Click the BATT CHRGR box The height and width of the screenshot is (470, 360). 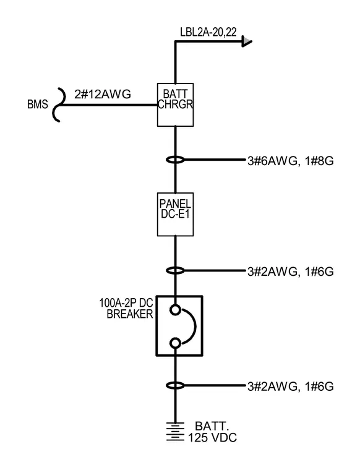175,105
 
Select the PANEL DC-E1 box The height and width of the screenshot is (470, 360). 175,215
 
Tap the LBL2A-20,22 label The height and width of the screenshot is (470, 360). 208,32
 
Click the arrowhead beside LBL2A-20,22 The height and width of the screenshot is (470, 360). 247,41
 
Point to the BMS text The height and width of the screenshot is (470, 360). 38,105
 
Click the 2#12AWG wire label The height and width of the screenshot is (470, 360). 103,95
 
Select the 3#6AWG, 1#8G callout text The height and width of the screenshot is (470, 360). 291,161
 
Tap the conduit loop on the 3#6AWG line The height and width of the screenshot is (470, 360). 175,160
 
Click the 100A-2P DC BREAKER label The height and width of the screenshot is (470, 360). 126,309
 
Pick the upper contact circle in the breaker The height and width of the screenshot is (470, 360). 175,309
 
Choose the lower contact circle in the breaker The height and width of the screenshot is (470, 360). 175,343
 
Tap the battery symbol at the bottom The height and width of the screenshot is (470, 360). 175,432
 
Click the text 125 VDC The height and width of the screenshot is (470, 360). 212,438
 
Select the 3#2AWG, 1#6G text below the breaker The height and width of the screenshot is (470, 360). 291,387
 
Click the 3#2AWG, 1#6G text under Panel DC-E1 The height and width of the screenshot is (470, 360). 291,272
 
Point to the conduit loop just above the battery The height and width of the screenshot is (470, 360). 175,385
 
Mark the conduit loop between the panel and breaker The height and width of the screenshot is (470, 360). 175,271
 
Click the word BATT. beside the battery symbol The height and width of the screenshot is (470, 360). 212,426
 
